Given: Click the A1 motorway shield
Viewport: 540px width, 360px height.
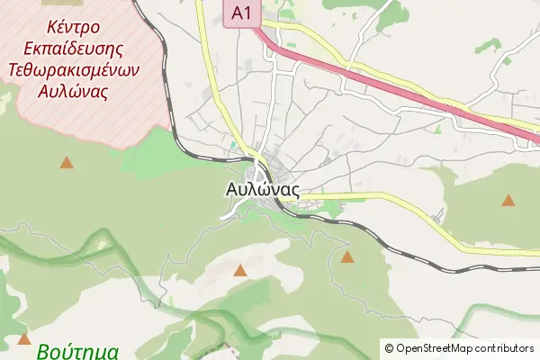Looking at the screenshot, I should (x=238, y=13).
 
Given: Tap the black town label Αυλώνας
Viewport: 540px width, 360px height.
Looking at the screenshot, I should (x=262, y=191).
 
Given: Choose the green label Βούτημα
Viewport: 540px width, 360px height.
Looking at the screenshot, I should (x=80, y=351).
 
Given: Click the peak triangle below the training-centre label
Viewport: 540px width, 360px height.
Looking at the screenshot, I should (x=66, y=163).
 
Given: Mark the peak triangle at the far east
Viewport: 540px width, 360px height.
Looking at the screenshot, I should (x=508, y=201).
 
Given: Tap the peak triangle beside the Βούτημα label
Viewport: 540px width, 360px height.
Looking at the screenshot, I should (x=23, y=340).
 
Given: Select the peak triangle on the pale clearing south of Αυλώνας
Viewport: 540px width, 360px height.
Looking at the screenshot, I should (x=240, y=270).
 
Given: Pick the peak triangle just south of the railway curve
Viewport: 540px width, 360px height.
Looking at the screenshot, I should (x=347, y=257).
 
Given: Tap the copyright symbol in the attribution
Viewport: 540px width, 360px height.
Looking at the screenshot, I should (x=389, y=348).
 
